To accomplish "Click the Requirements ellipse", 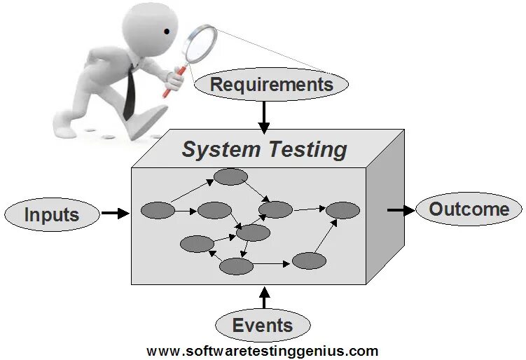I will pos(271,85).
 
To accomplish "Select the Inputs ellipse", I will pos(52,214).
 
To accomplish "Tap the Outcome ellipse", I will pos(469,209).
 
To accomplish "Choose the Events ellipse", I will pos(263,325).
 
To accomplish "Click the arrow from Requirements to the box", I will pos(263,116).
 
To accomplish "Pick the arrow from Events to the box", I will pos(263,298).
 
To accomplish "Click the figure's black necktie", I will pos(130,95).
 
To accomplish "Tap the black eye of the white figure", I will pos(167,31).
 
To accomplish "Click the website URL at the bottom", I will pos(263,351).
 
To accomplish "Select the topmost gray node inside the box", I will pos(230,176).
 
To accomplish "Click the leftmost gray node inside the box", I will pos(158,210).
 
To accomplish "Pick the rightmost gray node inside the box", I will pos(342,209).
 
